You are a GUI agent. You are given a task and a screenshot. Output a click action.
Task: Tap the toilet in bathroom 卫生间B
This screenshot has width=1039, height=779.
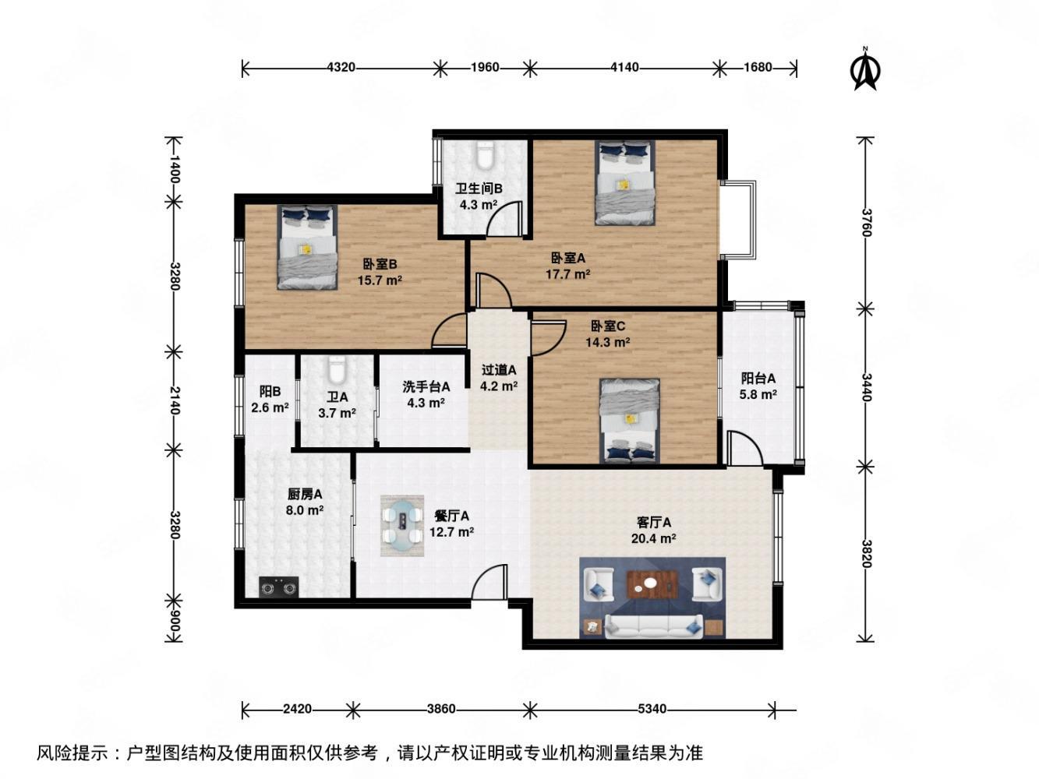point(485,155)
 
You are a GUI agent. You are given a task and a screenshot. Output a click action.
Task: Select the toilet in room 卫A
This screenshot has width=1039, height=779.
point(337,370)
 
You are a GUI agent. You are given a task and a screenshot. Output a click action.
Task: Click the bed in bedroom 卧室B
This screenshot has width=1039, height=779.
point(307,247)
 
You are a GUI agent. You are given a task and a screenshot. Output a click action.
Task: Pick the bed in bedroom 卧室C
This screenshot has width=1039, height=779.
point(630,421)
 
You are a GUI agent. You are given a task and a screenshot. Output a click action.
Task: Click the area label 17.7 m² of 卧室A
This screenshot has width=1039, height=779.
point(567,273)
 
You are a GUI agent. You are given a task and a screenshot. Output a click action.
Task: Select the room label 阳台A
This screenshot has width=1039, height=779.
point(758,379)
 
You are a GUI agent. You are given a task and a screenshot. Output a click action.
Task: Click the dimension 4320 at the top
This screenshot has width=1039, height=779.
point(341,68)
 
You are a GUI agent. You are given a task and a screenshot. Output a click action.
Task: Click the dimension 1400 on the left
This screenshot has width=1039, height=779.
point(174,169)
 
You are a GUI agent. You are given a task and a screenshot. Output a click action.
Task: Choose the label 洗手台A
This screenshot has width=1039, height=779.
point(426,386)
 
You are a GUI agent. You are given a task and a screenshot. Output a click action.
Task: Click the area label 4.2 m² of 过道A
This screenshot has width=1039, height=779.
point(499,386)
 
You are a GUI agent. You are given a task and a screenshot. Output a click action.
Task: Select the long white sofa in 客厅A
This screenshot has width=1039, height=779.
point(653,625)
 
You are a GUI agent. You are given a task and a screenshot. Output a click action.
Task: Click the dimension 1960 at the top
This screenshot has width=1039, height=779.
point(485,68)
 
